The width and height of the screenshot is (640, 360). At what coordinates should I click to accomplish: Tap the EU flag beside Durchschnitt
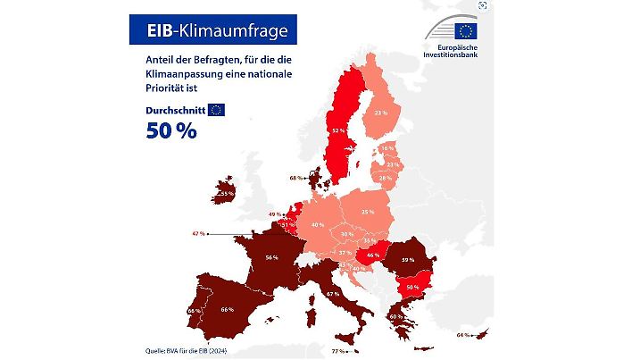click(216, 110)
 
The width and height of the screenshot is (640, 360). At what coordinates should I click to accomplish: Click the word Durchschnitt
click(175, 110)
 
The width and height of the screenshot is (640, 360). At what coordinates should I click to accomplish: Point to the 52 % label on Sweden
click(337, 130)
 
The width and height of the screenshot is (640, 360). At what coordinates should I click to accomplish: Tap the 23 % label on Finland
click(380, 113)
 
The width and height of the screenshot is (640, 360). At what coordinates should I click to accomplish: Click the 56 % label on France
click(271, 257)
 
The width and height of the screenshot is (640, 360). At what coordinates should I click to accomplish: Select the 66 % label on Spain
click(226, 309)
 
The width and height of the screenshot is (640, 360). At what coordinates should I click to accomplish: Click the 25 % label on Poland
click(367, 212)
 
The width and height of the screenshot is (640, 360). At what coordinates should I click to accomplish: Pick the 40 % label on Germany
click(318, 224)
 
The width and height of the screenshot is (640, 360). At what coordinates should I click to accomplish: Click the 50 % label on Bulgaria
click(412, 287)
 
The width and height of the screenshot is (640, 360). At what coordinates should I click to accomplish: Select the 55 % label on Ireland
click(227, 193)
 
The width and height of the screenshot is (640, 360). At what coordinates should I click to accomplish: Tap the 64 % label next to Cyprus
click(462, 335)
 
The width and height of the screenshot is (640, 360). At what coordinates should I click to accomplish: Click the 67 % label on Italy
click(333, 293)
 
